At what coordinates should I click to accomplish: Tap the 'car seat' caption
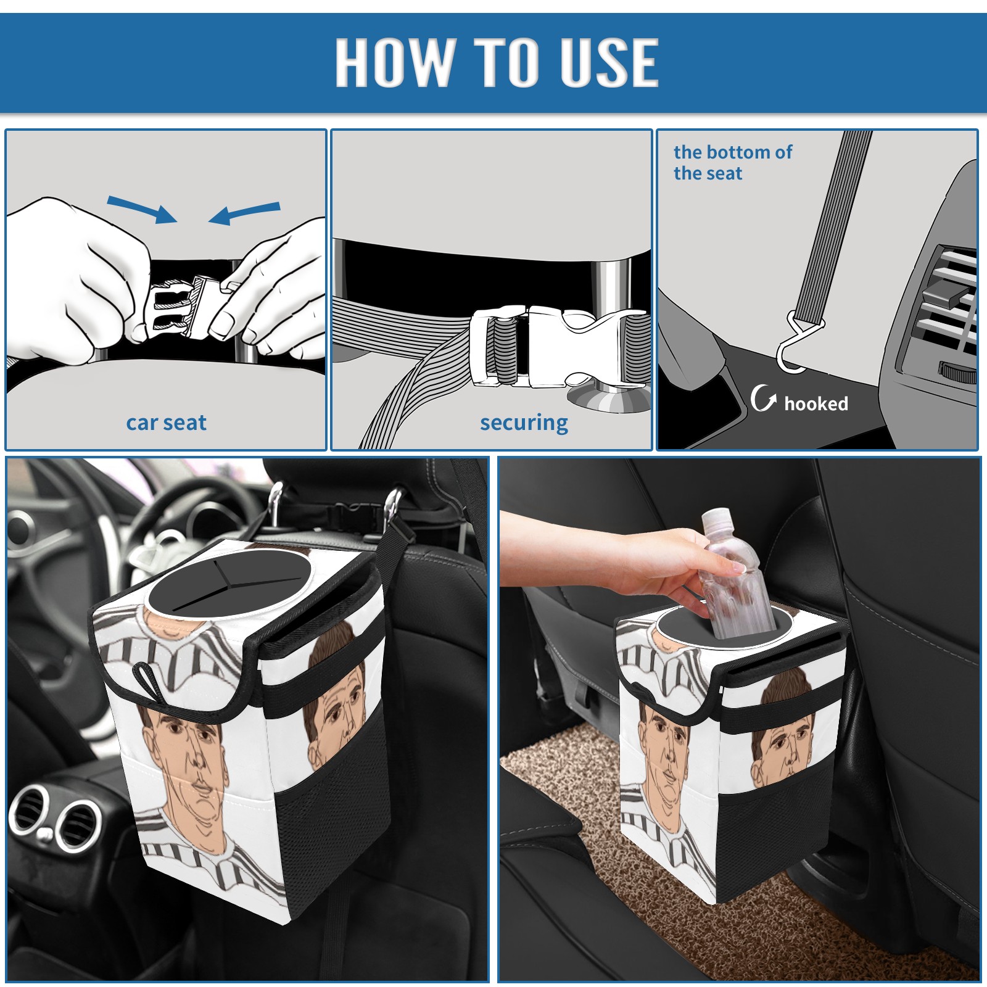[x=166, y=423]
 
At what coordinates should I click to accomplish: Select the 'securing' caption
[x=524, y=423]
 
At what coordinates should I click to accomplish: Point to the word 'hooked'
[x=816, y=403]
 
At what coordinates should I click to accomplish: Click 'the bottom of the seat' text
[x=732, y=162]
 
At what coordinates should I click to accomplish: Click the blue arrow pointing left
[x=245, y=213]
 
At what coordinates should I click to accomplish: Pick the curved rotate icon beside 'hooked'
[x=763, y=398]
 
